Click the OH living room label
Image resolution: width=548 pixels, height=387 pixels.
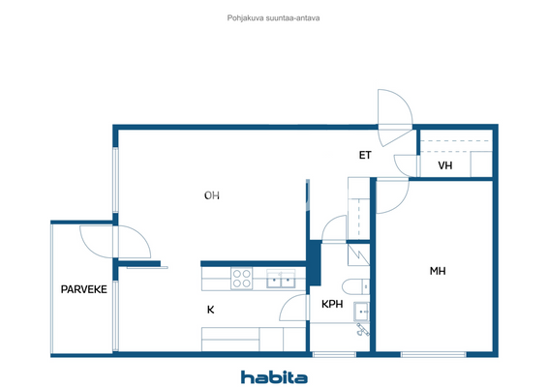(x=211, y=195)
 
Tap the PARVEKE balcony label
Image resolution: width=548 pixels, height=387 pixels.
(x=83, y=289)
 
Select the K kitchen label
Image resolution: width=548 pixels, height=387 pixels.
(x=210, y=310)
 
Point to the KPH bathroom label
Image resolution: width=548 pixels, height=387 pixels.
(x=332, y=304)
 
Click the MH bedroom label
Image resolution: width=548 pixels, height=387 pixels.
(x=437, y=271)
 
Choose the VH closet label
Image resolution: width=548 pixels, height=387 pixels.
(x=445, y=165)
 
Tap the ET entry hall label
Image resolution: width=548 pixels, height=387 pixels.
(x=365, y=155)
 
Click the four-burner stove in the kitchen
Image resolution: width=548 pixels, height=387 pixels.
(x=242, y=279)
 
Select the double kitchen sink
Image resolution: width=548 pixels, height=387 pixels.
(x=283, y=279)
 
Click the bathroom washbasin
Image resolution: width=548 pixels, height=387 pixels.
(x=362, y=311)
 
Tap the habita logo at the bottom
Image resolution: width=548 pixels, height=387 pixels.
(x=274, y=376)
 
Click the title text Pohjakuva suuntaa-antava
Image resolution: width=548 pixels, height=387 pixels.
(x=274, y=16)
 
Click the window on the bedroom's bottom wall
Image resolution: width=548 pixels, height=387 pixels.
(x=426, y=354)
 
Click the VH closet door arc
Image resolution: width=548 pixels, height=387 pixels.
(x=406, y=164)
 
